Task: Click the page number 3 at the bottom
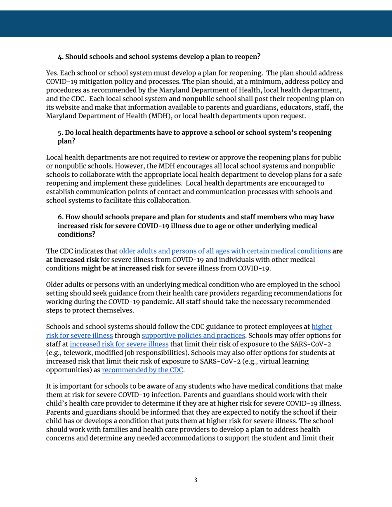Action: [196, 480]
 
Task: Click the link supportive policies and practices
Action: [193, 335]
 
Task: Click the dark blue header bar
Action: [196, 23]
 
